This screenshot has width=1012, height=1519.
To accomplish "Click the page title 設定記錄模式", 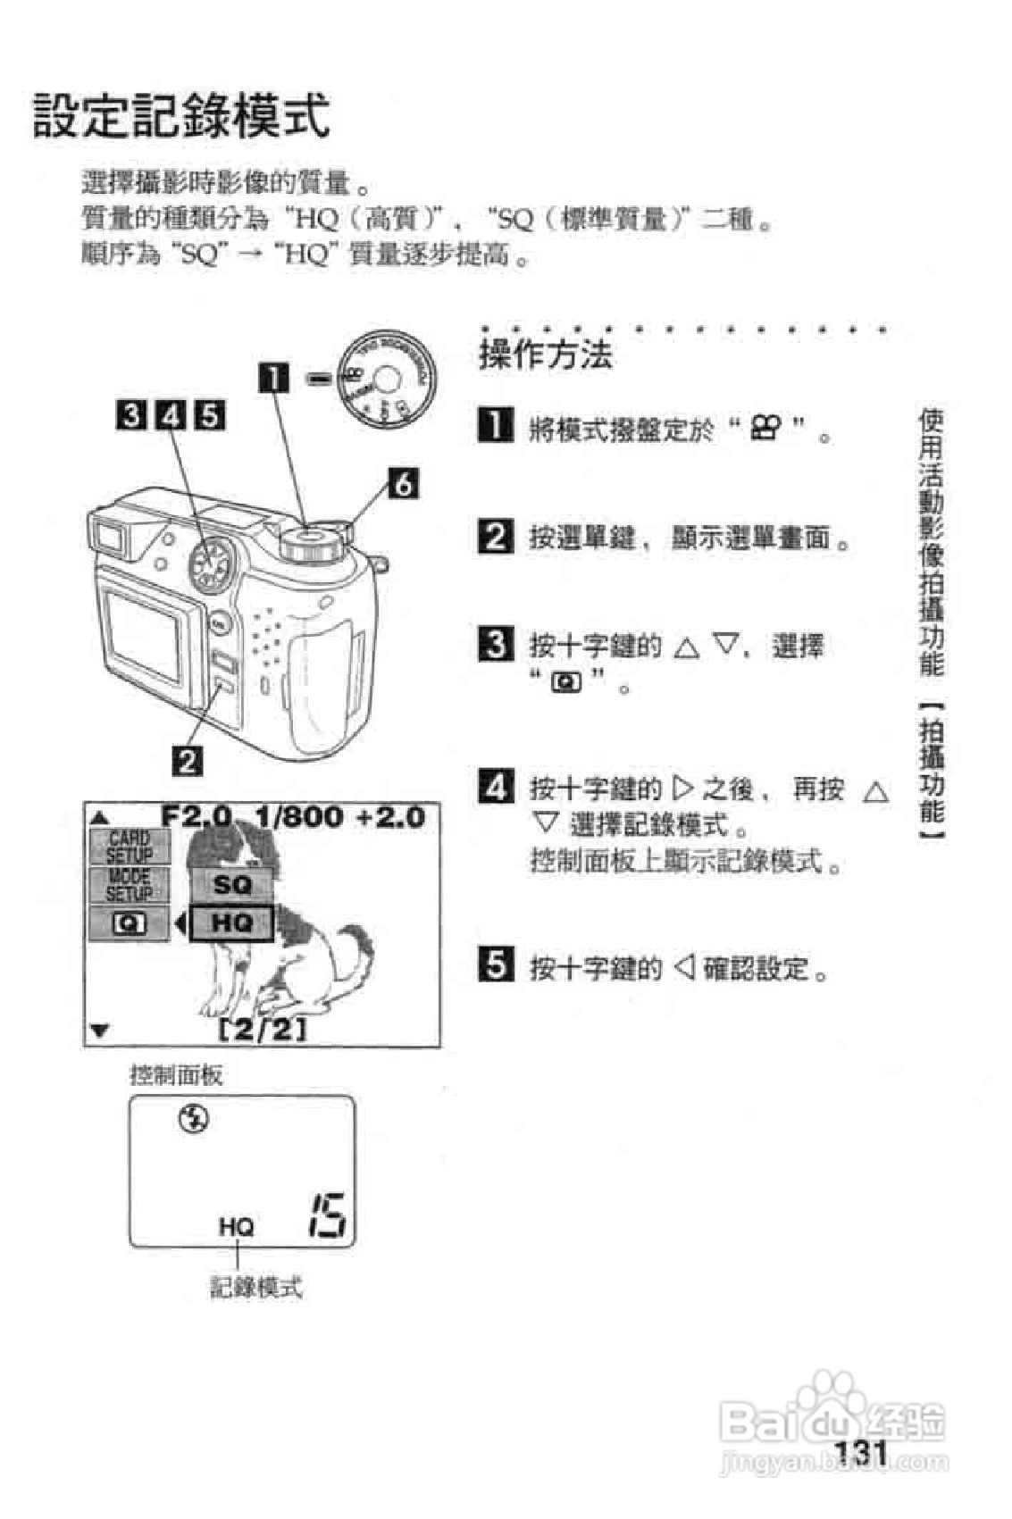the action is [x=181, y=116].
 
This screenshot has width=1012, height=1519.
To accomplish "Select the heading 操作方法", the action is [x=546, y=355].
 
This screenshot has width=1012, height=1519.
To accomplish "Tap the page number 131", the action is [x=859, y=1453].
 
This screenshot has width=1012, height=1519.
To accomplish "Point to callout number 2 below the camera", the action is [x=188, y=762].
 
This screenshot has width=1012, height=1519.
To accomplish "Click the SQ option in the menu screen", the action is [x=231, y=885].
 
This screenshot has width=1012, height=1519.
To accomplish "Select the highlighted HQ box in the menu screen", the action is [x=231, y=922].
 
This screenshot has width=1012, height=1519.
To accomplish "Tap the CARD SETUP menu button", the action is [x=129, y=847].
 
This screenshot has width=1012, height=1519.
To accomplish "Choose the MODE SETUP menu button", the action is [x=129, y=885].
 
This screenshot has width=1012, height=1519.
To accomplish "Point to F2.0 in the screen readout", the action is [x=197, y=816].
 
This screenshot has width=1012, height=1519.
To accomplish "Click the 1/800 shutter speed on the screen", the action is [x=299, y=816].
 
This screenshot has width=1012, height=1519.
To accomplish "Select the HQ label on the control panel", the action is [x=236, y=1227].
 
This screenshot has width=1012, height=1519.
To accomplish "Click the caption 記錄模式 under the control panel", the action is [x=256, y=1287].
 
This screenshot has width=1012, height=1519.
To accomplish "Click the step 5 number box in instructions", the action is [x=496, y=965].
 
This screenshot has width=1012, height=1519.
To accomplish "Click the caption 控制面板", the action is [x=176, y=1074].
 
